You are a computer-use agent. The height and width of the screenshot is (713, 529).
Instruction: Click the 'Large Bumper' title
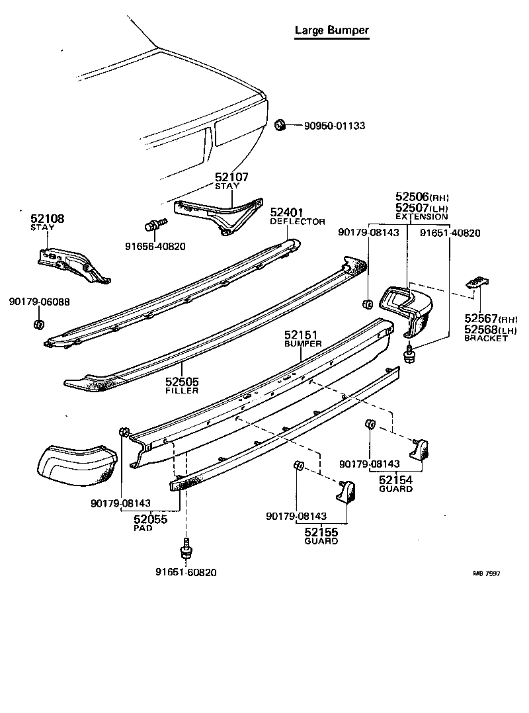point(331,30)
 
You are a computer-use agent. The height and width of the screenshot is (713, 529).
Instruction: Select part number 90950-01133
point(334,126)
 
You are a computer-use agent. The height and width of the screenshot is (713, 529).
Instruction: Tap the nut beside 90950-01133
point(280,124)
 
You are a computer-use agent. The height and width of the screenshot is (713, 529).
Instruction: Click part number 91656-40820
point(155,247)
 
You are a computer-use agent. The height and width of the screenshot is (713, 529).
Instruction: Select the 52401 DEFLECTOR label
point(297,216)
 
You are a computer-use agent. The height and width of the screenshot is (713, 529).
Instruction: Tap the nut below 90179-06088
point(38,324)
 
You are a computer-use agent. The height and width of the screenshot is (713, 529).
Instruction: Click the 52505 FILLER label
point(182,386)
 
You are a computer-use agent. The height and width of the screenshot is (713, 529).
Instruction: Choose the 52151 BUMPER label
point(302,339)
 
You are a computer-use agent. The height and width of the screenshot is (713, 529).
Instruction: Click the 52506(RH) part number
point(421,196)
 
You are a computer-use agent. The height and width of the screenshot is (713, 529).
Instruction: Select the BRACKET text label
point(485,338)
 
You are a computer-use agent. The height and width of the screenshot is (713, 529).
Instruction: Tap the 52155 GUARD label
point(321,535)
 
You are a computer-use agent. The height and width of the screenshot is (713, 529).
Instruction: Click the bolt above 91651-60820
point(186,550)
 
